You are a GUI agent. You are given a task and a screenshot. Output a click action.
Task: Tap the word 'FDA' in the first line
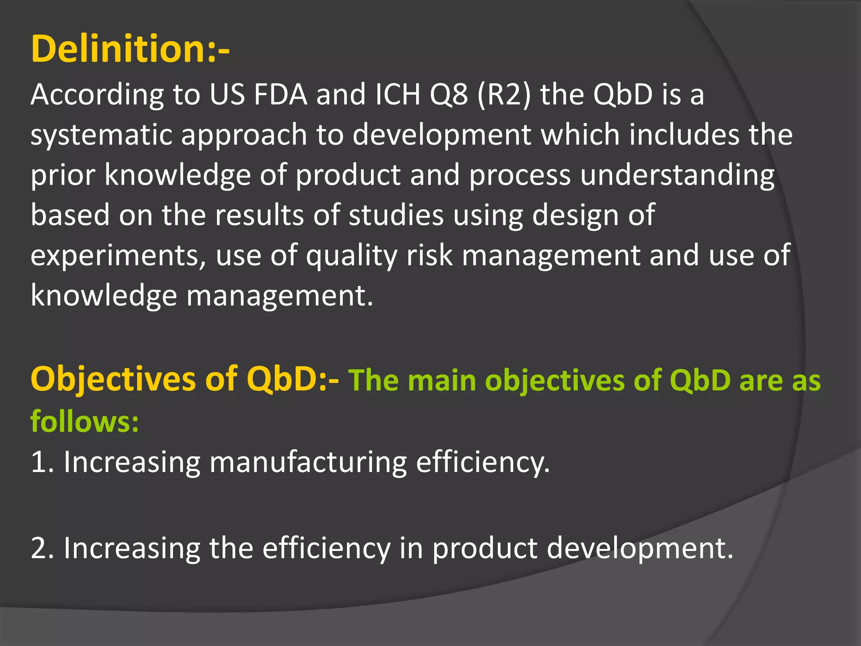coord(280,94)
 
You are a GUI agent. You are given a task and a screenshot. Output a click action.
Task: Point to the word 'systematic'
coord(101,135)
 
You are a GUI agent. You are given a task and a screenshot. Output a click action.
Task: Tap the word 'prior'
coord(63,175)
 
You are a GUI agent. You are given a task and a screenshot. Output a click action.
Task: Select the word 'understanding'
coord(677,175)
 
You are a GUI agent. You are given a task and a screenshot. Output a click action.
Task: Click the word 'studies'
coord(396,215)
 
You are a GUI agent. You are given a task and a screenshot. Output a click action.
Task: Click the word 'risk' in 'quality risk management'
coord(429,255)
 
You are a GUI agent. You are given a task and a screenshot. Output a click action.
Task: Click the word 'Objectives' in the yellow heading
coord(113,379)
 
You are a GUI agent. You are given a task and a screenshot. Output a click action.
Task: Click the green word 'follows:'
coord(85,421)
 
